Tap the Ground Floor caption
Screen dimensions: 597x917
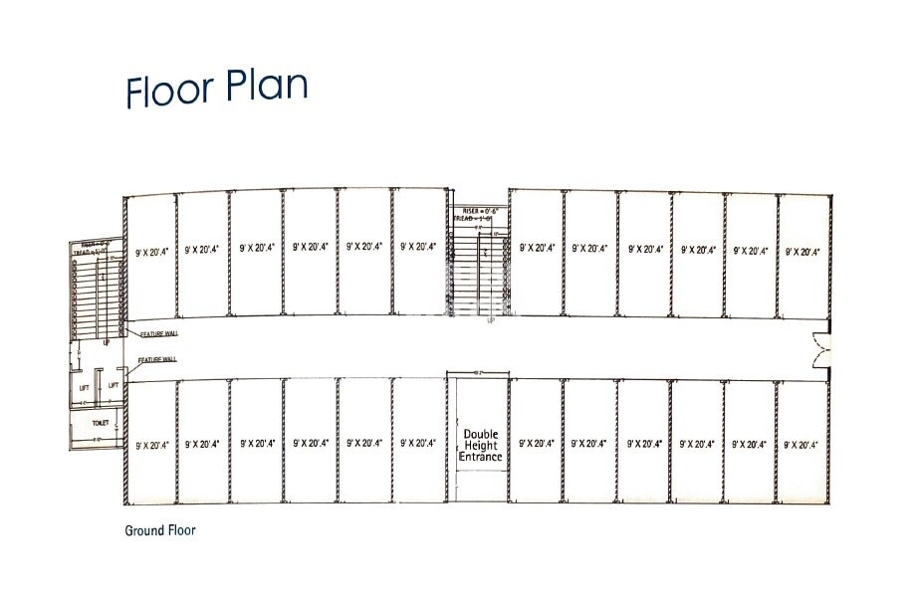tap(160, 530)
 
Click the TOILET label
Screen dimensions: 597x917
tap(100, 422)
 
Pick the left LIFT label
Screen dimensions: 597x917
tap(86, 385)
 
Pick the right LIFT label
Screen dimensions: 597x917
tap(114, 385)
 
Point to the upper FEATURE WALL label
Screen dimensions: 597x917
tap(158, 334)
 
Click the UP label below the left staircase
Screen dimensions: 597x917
tap(107, 341)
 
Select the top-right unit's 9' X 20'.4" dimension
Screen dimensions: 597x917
tap(802, 252)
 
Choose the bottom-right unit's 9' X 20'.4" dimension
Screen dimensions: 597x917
tap(802, 445)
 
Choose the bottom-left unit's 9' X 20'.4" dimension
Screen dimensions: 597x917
tap(152, 445)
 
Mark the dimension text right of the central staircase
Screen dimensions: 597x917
tap(537, 247)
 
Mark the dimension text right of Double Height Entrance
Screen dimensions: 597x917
tap(537, 445)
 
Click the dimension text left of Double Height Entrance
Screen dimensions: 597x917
tap(418, 445)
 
